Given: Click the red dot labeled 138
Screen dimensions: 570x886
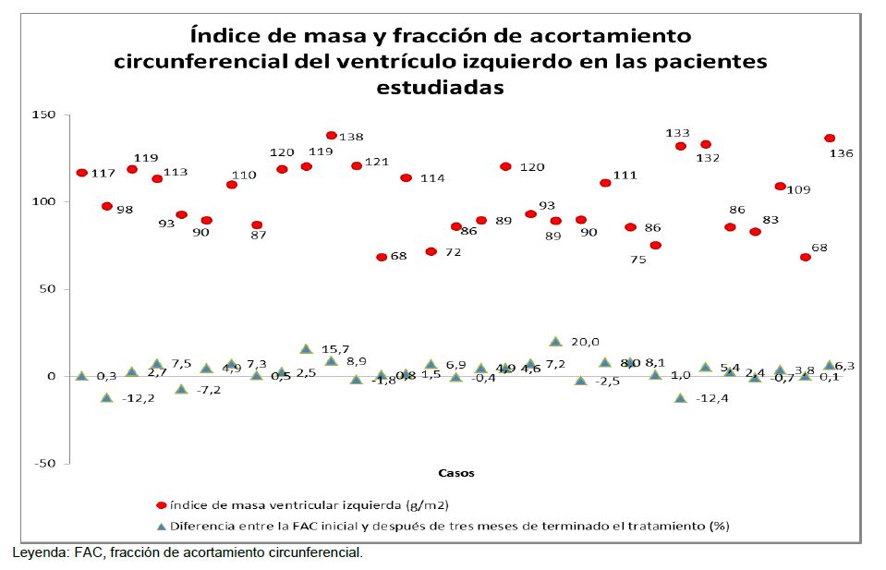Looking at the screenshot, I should coord(331,136).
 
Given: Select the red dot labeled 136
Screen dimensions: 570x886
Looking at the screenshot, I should coord(830,139).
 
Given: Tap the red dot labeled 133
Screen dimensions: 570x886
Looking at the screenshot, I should coord(680,146).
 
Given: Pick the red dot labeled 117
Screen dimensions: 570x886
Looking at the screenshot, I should coord(82,173).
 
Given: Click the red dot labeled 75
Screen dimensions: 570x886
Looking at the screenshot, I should coord(655,246).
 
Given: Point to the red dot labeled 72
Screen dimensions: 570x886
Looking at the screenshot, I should coord(431,251).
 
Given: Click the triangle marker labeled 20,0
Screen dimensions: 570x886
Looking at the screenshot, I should coord(555,342).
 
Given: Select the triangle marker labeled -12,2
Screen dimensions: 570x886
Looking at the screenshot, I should coord(107,397).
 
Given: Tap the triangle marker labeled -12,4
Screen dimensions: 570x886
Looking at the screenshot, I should coord(680,398).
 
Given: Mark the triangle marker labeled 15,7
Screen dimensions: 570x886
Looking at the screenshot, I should coord(306,349).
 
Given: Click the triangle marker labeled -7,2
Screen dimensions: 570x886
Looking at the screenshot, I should coord(182,389).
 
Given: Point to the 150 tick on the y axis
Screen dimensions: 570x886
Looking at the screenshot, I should coord(45,115).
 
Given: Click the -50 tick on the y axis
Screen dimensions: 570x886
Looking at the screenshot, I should coord(45,463).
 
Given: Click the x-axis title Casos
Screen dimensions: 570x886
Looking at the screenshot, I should coord(456,473).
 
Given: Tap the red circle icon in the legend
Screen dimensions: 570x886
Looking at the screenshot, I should coord(161,505).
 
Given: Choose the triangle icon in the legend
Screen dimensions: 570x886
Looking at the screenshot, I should coord(161,527).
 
